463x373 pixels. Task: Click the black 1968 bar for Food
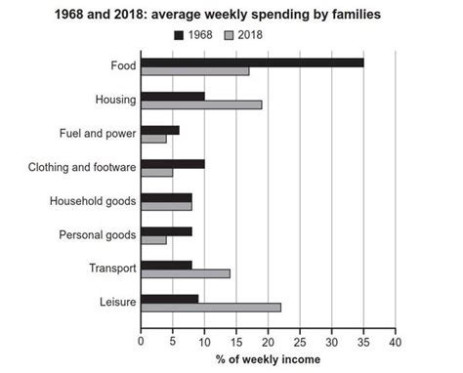252,62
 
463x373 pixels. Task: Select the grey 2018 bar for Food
195,71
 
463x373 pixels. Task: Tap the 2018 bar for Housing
201,104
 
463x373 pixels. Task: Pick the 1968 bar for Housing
173,96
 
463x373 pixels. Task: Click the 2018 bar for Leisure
211,308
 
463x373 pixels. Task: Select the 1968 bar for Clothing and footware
173,163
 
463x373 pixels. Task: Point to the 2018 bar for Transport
186,273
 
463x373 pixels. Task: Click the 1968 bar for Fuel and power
160,130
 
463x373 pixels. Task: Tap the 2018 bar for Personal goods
153,240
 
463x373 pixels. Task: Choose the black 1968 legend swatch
179,35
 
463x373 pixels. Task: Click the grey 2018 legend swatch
230,35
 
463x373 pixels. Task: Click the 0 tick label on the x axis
142,343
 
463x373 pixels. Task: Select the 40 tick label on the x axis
396,343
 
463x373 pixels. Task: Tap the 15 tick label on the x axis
236,343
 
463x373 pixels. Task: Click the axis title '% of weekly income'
268,360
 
